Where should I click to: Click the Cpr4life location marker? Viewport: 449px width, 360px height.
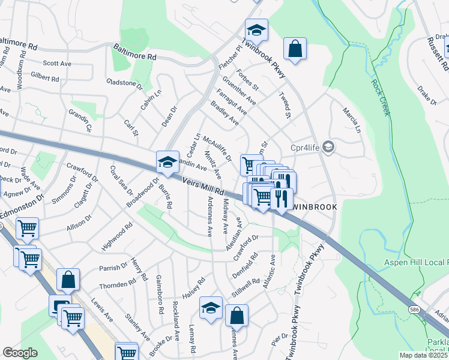click(328, 146)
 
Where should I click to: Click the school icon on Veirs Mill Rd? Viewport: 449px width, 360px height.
click(167, 161)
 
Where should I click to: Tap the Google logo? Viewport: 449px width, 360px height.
click(20, 353)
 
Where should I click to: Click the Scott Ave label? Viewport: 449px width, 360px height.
click(57, 63)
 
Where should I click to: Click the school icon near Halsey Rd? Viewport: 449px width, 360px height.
click(211, 309)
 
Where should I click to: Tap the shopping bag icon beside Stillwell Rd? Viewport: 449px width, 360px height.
click(237, 316)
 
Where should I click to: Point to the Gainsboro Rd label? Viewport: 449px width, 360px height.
click(160, 295)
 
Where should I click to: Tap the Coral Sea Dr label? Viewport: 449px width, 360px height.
click(121, 180)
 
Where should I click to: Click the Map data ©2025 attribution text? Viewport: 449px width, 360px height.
click(424, 355)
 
